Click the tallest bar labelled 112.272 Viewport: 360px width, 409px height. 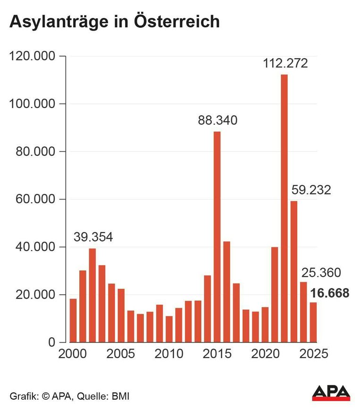pyautogui.click(x=284, y=209)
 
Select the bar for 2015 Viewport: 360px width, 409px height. pyautogui.click(x=217, y=237)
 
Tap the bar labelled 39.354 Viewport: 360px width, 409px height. pyautogui.click(x=92, y=295)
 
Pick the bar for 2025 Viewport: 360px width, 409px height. pyautogui.click(x=313, y=322)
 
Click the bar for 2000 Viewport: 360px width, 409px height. pyautogui.click(x=73, y=321)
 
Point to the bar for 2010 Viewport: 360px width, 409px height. pyautogui.click(x=169, y=329)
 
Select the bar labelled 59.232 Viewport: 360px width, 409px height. pyautogui.click(x=294, y=272)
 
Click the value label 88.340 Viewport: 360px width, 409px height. pyautogui.click(x=218, y=120)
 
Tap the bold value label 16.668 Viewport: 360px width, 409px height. pyautogui.click(x=330, y=293)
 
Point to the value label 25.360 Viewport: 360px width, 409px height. pyautogui.click(x=321, y=273)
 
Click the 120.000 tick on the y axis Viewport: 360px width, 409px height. pyautogui.click(x=33, y=56)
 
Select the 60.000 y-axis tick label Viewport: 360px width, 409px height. pyautogui.click(x=35, y=199)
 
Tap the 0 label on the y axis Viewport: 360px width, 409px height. pyautogui.click(x=52, y=342)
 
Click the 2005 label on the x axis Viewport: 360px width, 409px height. pyautogui.click(x=120, y=354)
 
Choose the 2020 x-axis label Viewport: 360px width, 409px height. pyautogui.click(x=265, y=354)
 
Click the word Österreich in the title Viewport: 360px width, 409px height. pyautogui.click(x=177, y=21)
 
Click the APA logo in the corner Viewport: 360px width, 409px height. pyautogui.click(x=331, y=393)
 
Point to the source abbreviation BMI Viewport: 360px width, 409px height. pyautogui.click(x=120, y=396)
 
